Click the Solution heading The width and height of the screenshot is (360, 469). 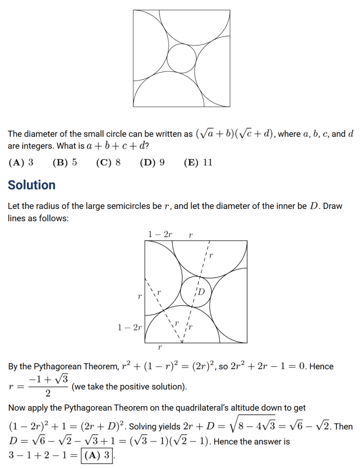(32, 185)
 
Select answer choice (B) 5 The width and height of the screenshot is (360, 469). (65, 162)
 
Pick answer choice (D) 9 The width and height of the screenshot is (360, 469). (152, 162)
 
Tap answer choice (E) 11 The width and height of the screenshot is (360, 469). (198, 162)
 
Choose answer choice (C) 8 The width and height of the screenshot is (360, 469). (108, 162)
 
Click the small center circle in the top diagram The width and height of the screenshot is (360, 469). (181, 58)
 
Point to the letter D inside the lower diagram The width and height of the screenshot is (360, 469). (201, 292)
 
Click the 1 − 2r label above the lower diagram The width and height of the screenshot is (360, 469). (160, 234)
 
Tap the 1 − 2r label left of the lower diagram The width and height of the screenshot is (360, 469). (129, 328)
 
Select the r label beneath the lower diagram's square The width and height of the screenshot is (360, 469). (160, 348)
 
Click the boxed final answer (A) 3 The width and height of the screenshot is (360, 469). (97, 455)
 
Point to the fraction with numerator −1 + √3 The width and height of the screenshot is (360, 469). (48, 386)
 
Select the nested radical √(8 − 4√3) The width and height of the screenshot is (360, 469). (252, 426)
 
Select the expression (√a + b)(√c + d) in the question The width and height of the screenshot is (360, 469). (235, 134)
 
